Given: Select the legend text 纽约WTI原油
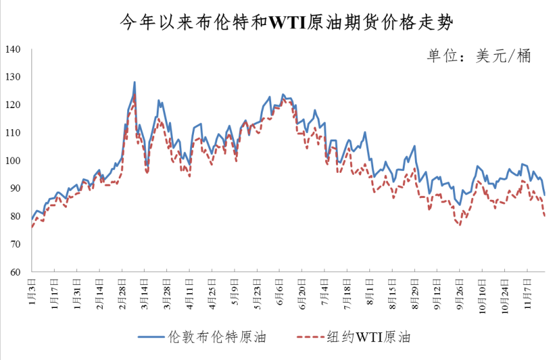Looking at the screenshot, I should pos(369,336).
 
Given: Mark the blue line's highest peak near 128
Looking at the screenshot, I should pos(134,82).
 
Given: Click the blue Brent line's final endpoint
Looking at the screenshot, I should pos(545,195).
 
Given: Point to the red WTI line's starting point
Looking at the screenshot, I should pos(31,227).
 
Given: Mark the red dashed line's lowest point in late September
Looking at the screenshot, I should pos(460,224).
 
